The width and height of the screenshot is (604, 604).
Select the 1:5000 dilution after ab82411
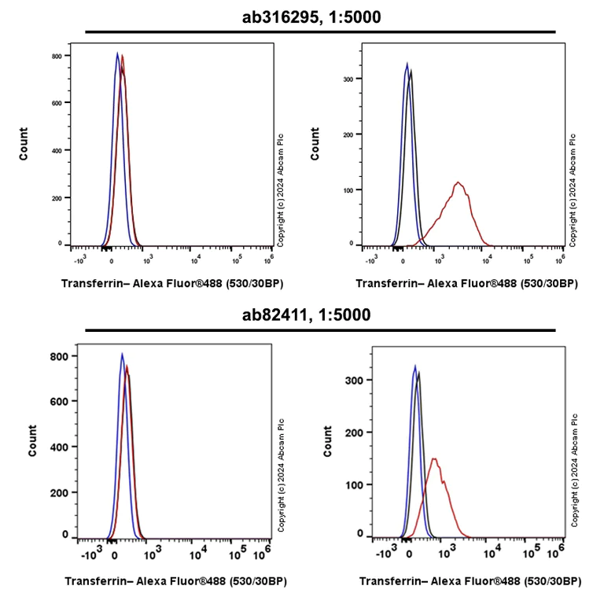pyautogui.click(x=347, y=315)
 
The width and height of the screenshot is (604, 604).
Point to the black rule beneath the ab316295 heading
pyautogui.click(x=319, y=32)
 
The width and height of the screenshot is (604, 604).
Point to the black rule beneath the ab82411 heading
pyautogui.click(x=319, y=331)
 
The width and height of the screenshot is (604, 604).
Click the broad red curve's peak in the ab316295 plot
pyautogui.click(x=458, y=183)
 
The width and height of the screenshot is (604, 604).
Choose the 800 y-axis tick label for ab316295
pyautogui.click(x=57, y=57)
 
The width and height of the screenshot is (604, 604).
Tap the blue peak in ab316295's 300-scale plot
pyautogui.click(x=407, y=64)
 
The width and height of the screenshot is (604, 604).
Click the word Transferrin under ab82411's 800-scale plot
pyautogui.click(x=97, y=582)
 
